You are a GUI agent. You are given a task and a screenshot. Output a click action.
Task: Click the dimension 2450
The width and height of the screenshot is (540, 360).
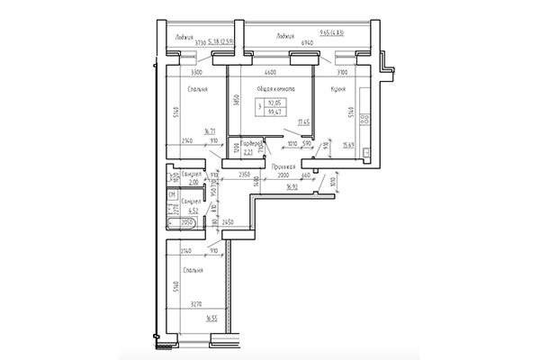(x=228, y=220)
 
